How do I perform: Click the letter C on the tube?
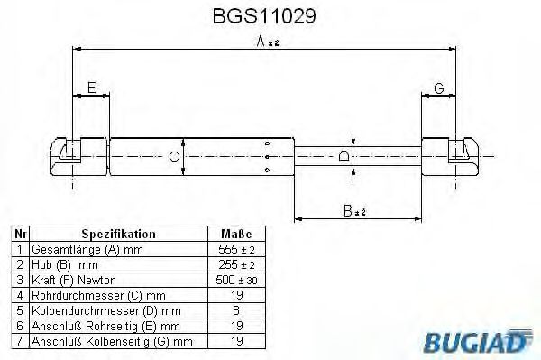[x=174, y=157]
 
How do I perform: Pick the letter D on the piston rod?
[x=344, y=156]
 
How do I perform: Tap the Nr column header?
[x=20, y=233]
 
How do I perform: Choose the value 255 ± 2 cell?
[x=237, y=264]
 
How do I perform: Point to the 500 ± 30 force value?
[x=237, y=280]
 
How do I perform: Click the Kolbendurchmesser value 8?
[x=237, y=310]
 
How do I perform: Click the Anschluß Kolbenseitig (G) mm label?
[x=112, y=341]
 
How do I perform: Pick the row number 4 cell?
[x=20, y=295]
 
